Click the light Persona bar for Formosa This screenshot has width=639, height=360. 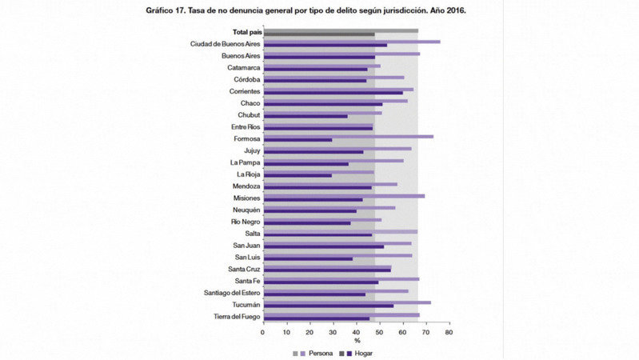pyautogui.click(x=348, y=137)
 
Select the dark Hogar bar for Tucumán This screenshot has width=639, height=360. pyautogui.click(x=328, y=306)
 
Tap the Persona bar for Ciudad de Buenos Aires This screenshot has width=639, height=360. pyautogui.click(x=351, y=41)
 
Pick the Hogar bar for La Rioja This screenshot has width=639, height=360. pyautogui.click(x=297, y=175)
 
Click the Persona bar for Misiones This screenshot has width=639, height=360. pyautogui.click(x=344, y=195)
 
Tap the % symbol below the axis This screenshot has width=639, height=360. pyautogui.click(x=356, y=342)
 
